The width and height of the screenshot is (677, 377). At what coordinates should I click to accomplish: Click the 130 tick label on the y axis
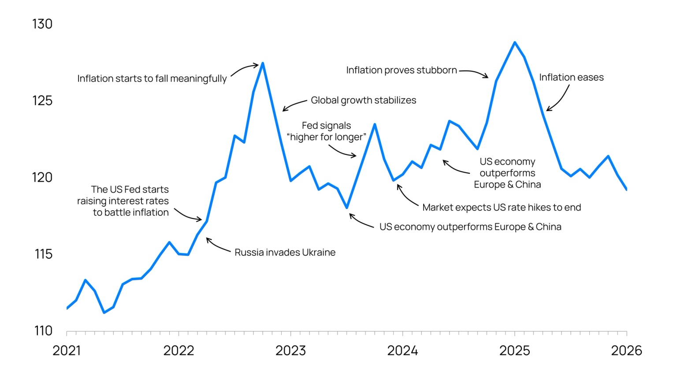(42, 24)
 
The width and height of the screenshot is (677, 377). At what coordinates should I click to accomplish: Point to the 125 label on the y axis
(42, 101)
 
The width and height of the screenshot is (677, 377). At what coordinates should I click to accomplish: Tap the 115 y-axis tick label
(43, 254)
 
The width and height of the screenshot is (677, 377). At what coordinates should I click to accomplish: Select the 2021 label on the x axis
(67, 351)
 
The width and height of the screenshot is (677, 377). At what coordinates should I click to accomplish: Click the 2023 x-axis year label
(290, 351)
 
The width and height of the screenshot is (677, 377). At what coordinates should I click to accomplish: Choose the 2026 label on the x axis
(626, 351)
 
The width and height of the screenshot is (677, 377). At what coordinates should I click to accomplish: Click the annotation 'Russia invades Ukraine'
(285, 252)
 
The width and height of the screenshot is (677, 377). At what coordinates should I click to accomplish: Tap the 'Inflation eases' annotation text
(571, 77)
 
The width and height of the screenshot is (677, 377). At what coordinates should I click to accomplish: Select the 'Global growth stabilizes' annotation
(363, 100)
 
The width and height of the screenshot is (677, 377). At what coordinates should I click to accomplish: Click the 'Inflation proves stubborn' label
(401, 70)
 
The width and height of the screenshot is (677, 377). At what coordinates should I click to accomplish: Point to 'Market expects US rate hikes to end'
(502, 207)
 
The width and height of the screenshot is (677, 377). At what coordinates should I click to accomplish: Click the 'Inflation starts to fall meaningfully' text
(152, 78)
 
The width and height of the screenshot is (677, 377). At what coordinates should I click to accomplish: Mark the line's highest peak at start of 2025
(514, 43)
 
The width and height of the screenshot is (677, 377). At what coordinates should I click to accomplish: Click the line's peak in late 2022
(263, 63)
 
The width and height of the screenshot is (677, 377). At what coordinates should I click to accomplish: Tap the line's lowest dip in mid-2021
(104, 313)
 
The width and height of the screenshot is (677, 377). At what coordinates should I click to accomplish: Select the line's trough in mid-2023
(347, 207)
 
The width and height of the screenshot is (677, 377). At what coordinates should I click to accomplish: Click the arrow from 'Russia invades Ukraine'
(217, 246)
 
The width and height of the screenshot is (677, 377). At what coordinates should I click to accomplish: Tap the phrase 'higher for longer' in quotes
(327, 137)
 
